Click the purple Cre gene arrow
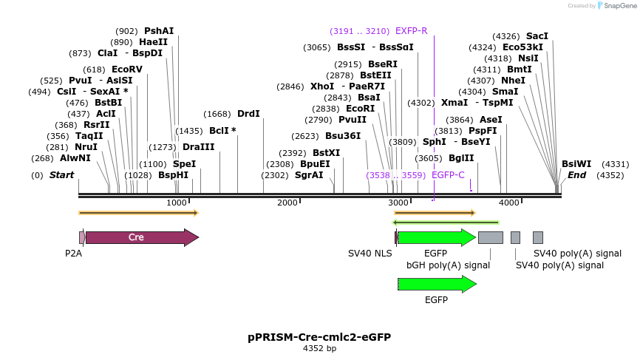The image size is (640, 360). pos(140,237)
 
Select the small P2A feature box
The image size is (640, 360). pos(81,237)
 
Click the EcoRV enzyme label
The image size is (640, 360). pos(127,69)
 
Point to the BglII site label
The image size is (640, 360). pos(461,158)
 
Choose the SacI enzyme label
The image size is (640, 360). pos(537,35)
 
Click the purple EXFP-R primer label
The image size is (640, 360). pos(412,31)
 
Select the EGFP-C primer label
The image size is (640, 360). pos(448,175)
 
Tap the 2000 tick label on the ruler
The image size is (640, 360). pos(287,203)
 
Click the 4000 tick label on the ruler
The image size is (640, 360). pos(508,203)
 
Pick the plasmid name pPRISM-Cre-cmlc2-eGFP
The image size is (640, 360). pos(319,337)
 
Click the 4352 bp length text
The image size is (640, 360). pos(319,348)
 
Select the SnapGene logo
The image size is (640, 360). pos(613,6)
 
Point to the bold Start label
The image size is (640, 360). pos(62,175)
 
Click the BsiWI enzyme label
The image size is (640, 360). pos(576,164)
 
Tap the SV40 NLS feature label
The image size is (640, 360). pos(370,254)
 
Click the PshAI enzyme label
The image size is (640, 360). pos(159,31)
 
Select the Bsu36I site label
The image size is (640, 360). pos(343,136)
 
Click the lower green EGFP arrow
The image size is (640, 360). pos(437,284)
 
